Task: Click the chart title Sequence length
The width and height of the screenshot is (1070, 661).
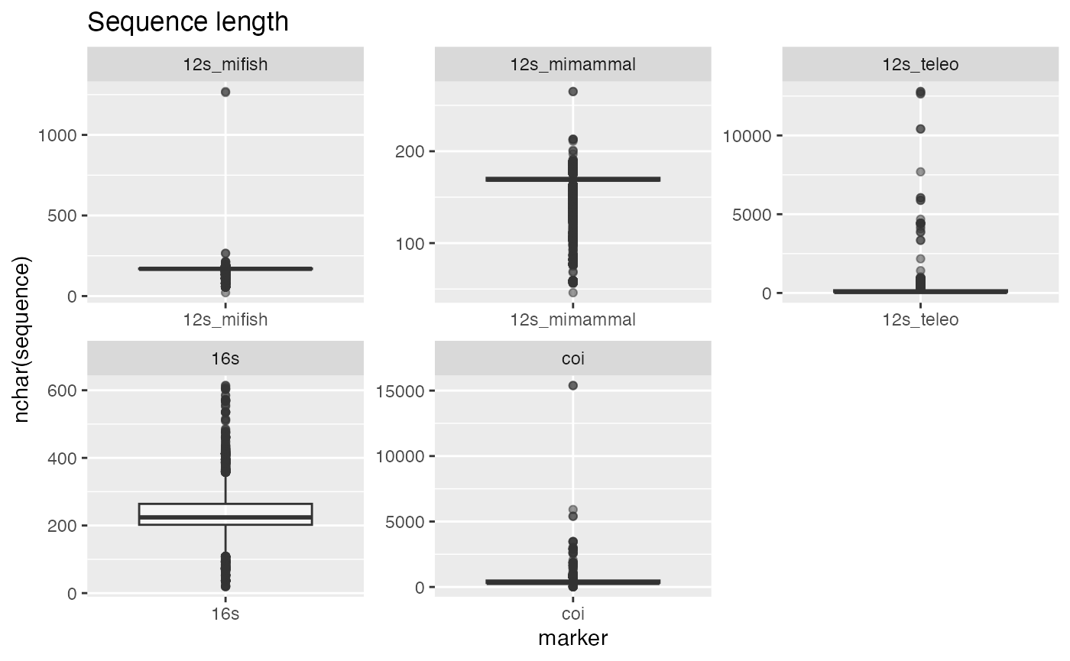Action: (188, 22)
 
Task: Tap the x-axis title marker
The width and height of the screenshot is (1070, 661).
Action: (572, 638)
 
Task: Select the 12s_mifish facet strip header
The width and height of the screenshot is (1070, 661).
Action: (225, 65)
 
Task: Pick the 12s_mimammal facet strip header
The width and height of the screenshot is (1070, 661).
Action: (572, 65)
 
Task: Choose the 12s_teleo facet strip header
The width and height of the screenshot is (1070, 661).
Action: (920, 65)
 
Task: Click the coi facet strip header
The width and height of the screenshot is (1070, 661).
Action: (572, 358)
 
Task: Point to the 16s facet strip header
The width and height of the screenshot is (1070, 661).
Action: (225, 358)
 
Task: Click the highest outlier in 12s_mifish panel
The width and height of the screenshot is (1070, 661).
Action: (225, 92)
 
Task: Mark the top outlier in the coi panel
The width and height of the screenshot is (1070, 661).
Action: (572, 385)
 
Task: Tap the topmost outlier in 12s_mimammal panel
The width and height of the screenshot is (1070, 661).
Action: (572, 92)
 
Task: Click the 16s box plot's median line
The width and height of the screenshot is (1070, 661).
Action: (225, 517)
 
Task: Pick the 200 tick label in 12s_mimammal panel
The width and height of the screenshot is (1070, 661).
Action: (407, 151)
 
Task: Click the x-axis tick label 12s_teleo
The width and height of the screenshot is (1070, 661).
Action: (920, 320)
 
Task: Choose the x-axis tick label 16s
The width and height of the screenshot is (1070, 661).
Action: (225, 614)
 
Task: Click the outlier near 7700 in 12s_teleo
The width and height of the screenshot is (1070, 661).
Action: (920, 172)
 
